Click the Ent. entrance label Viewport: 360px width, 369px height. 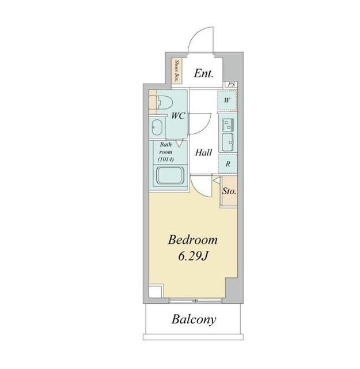204,73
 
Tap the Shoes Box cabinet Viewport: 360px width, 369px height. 177,71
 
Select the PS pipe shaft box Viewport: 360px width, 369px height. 231,85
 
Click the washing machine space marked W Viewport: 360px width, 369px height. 227,100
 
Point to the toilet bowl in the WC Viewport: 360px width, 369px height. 164,103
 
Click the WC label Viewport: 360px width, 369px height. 178,116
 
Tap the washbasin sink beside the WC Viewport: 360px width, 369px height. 157,127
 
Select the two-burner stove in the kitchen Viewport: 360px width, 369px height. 228,125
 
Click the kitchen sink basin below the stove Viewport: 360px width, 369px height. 228,142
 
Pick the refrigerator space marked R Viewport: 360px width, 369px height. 228,164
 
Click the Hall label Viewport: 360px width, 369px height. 204,153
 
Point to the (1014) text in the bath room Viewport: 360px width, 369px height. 166,159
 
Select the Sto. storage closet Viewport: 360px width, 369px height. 229,191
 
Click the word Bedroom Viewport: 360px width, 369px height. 192,240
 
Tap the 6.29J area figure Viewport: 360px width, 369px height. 194,256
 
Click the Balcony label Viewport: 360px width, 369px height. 194,319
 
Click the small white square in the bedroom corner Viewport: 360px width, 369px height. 156,291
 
